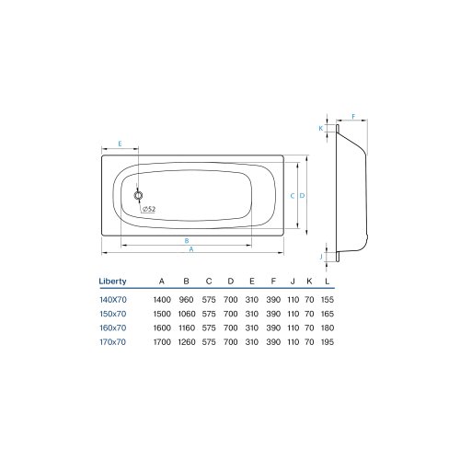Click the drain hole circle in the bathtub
click(x=138, y=196)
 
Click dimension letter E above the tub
click(x=121, y=144)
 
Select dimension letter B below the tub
click(x=188, y=239)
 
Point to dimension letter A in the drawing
click(x=190, y=249)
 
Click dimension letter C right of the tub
click(x=291, y=196)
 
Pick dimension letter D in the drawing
click(x=302, y=196)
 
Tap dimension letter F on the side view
click(x=353, y=118)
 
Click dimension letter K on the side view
click(x=321, y=129)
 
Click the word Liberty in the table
click(x=112, y=281)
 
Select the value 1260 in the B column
click(x=187, y=341)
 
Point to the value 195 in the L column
click(x=330, y=341)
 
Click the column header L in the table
click(x=330, y=281)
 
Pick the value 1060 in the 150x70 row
click(x=187, y=315)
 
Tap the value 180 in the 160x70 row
click(x=330, y=328)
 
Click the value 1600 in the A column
click(x=161, y=328)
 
